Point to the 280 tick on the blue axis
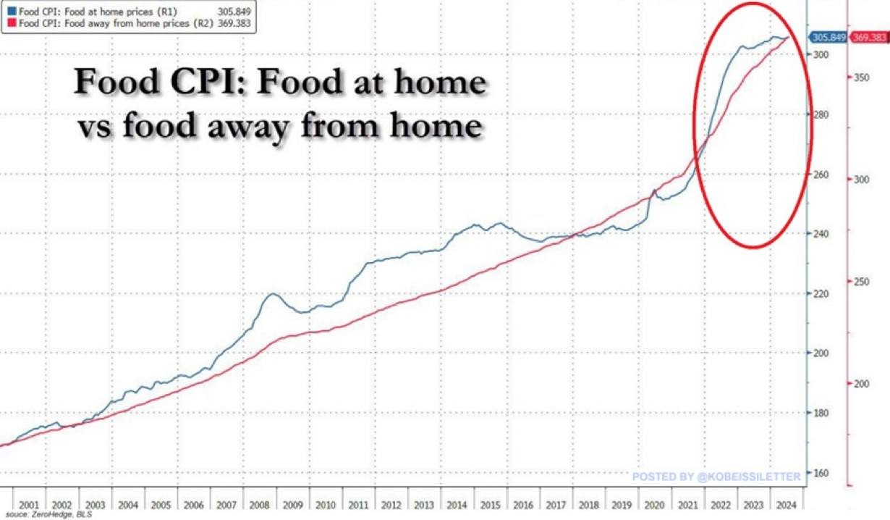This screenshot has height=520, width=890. [820, 114]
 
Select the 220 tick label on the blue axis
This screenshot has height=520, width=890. [820, 293]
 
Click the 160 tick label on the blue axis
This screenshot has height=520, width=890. [820, 473]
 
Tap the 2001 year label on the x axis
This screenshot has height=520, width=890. [29, 504]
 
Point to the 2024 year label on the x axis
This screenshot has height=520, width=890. [787, 504]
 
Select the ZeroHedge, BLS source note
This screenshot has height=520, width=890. [58, 516]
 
